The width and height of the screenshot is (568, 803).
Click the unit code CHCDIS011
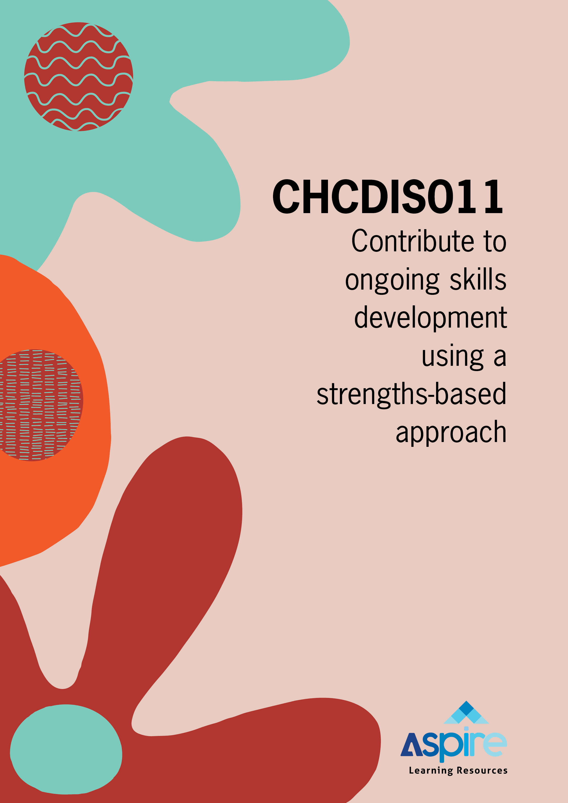tap(388, 197)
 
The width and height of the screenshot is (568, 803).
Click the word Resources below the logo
tap(482, 770)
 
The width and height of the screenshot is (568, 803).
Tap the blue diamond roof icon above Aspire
tap(466, 712)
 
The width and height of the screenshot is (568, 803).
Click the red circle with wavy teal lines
tap(78, 77)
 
